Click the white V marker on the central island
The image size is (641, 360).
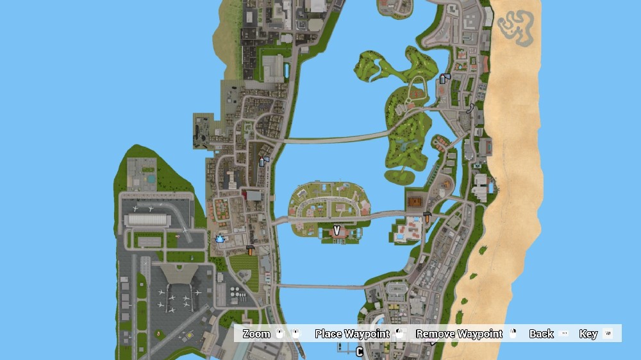coord(337,231)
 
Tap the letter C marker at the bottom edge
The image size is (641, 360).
coord(360,352)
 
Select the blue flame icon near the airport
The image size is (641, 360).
coord(219,238)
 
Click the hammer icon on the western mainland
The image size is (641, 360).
coord(250,250)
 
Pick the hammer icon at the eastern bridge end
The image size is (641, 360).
coord(427,217)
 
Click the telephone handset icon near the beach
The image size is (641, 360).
coord(471,108)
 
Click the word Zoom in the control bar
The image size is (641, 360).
coord(256,334)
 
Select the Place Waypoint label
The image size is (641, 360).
coord(352,334)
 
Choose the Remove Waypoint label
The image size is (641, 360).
coord(459,334)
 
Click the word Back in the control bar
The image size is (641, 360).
coord(541,334)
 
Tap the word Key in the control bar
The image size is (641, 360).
coord(588,334)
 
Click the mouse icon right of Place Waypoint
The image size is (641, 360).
coord(400,334)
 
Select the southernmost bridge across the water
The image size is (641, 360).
coord(320,286)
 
